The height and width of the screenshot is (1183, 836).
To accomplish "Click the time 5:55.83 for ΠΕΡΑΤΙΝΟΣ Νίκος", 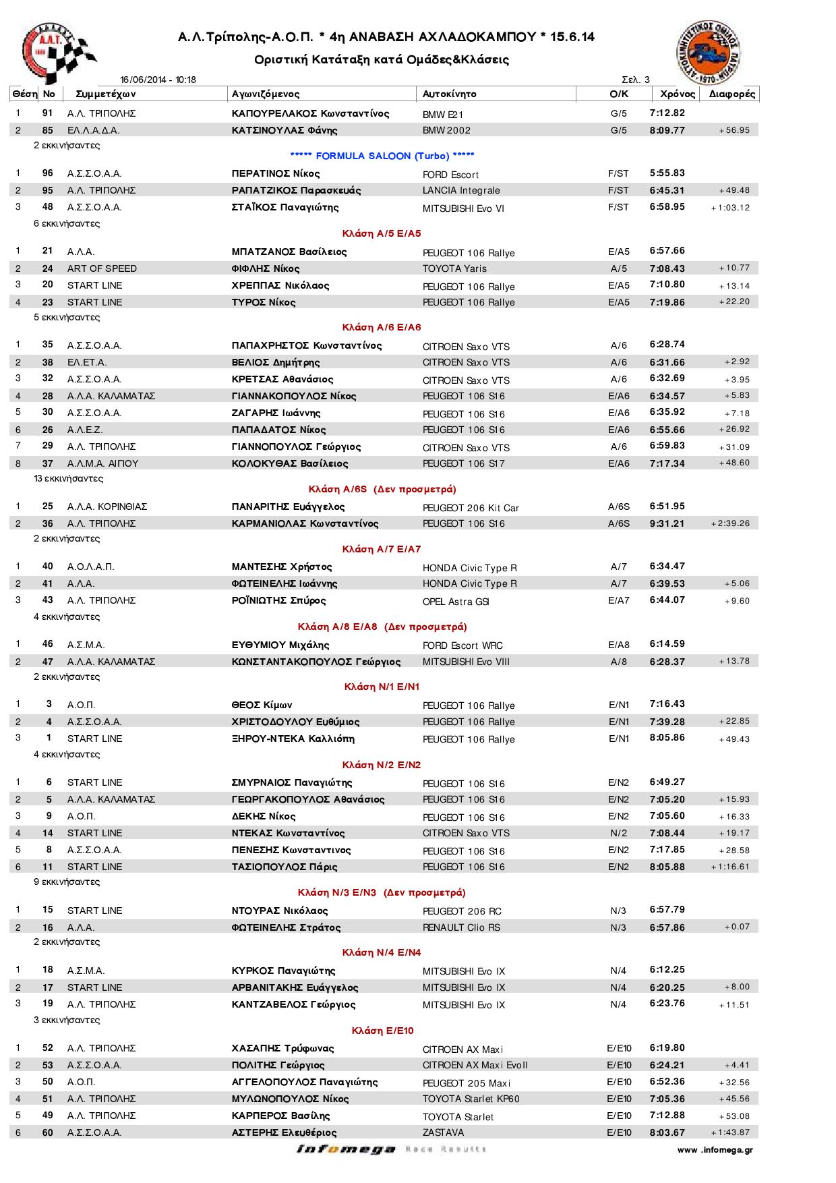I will (667, 173).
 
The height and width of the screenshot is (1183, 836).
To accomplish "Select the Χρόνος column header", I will (677, 94).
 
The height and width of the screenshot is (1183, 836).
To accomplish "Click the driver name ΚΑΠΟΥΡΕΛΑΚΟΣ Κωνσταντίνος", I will (310, 113).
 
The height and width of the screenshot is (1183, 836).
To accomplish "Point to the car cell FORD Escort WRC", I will (462, 645).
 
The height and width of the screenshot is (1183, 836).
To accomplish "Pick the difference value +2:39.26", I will (730, 523).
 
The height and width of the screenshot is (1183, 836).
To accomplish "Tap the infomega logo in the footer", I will (345, 1149).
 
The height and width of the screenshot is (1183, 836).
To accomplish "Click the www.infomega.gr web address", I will (715, 1150).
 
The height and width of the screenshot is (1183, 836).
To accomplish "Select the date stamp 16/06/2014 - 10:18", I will (158, 80).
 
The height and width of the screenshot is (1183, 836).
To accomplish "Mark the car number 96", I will (47, 173).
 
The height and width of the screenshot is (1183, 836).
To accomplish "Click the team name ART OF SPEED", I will (102, 268).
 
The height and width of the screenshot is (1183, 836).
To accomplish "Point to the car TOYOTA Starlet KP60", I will (471, 1099).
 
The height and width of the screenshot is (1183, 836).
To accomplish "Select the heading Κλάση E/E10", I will (382, 1031).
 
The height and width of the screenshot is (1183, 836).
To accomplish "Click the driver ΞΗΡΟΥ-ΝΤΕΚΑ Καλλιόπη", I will (293, 739).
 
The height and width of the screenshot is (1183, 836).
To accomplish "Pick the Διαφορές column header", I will (731, 94).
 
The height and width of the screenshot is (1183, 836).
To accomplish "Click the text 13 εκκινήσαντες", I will (68, 479).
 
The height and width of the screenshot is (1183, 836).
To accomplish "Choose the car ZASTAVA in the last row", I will (443, 1132).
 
